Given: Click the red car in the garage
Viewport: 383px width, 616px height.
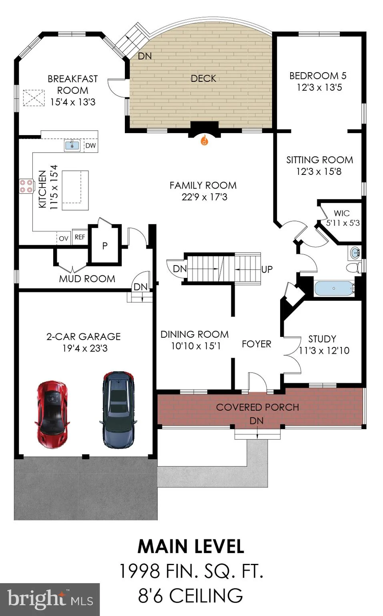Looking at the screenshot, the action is point(52,414).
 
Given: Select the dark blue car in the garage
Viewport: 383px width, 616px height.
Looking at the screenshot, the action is point(118,409).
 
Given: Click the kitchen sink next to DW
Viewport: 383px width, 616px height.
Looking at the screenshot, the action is point(72,145).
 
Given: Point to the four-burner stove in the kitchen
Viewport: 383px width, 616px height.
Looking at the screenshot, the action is point(26,186).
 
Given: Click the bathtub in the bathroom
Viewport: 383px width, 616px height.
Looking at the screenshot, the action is point(334,288).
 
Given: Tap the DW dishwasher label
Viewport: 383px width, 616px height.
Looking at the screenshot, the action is point(90,146).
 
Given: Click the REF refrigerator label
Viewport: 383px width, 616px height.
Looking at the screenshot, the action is point(80,237).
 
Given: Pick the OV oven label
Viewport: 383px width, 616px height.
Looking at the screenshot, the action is point(64,239).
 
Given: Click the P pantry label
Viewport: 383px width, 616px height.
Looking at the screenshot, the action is point(104,245).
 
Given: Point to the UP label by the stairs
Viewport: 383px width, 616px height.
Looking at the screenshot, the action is point(267,269).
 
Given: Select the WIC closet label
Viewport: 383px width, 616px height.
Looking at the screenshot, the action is point(342,213).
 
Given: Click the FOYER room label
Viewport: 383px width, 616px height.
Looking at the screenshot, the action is point(257,344).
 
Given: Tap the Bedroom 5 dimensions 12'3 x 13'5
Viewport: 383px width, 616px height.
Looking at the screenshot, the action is point(319,87).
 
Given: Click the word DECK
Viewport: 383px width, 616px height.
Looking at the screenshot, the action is point(203,79).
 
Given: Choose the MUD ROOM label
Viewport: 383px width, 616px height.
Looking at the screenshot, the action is point(87,279).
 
